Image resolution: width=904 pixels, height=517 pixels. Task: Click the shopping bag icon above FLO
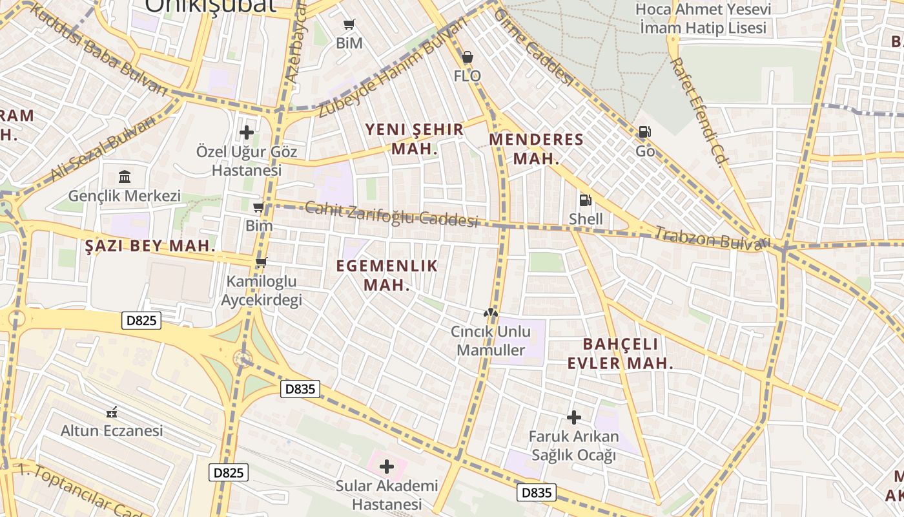click(x=467, y=58)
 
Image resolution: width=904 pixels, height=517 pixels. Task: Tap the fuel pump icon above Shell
click(x=585, y=200)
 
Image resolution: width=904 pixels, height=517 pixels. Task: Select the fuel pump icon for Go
click(x=644, y=132)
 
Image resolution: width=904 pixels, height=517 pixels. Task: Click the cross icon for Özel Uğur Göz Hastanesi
click(x=247, y=133)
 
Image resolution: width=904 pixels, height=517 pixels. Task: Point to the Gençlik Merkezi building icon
click(x=125, y=176)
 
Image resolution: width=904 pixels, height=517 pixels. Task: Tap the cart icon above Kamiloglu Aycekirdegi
click(x=261, y=262)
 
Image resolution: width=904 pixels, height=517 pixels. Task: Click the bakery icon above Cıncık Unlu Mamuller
click(x=491, y=313)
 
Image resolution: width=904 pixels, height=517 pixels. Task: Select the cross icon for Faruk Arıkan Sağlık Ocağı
click(x=573, y=417)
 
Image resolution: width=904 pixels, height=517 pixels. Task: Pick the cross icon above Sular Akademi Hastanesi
click(x=387, y=467)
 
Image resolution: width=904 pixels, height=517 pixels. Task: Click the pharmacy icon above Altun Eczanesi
click(x=112, y=412)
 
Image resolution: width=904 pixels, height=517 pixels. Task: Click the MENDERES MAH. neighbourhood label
click(x=536, y=149)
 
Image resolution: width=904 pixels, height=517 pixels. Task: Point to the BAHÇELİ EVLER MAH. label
click(x=620, y=353)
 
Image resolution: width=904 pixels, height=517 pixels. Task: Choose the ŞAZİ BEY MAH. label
click(x=150, y=246)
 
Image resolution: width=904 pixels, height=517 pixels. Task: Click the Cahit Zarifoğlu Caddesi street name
click(x=391, y=214)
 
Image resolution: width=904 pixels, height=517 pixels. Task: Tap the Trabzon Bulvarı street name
click(x=713, y=238)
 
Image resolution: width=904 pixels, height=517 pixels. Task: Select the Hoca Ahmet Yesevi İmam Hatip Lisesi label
click(x=703, y=19)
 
